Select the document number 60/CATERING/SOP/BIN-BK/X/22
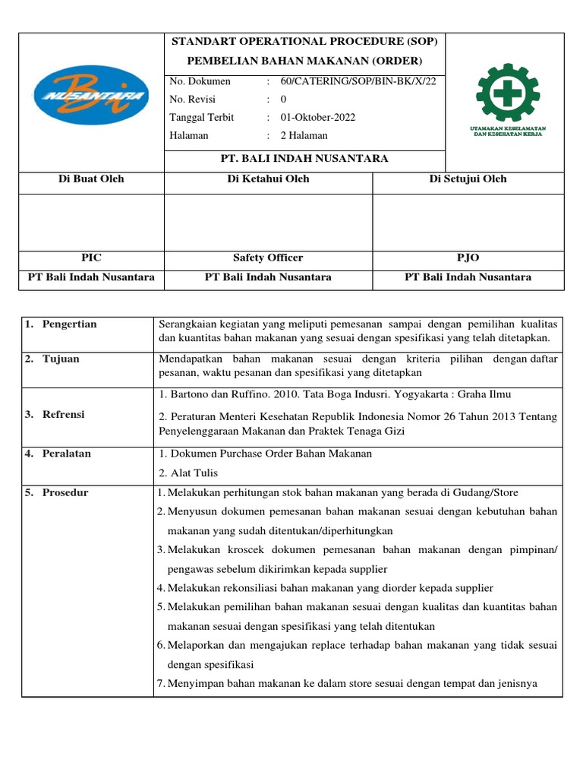point(358,81)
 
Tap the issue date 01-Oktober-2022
point(317,118)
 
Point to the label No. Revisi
point(193,100)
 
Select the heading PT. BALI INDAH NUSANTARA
point(304,159)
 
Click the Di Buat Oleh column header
point(91,179)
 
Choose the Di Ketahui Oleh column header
point(268,179)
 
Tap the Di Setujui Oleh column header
point(468,179)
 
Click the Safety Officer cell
point(268,258)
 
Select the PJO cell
point(468,258)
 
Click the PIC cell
point(91,258)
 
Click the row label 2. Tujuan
point(52,359)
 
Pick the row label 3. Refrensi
point(54,415)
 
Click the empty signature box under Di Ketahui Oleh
point(268,222)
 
